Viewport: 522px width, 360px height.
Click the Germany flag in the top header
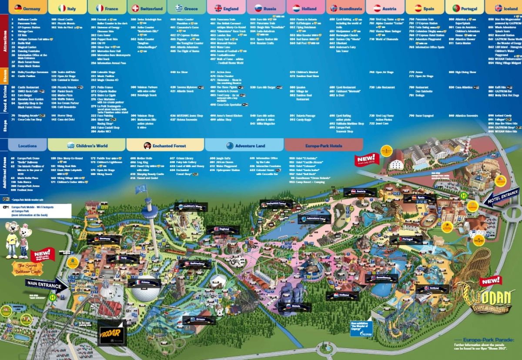[x=18, y=8]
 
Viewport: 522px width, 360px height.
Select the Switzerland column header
[x=147, y=8]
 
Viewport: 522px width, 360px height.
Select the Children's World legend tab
[x=87, y=145]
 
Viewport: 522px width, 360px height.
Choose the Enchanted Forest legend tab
[x=165, y=145]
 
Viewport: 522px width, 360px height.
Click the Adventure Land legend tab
[x=244, y=145]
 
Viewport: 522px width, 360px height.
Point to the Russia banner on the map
[x=296, y=307]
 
